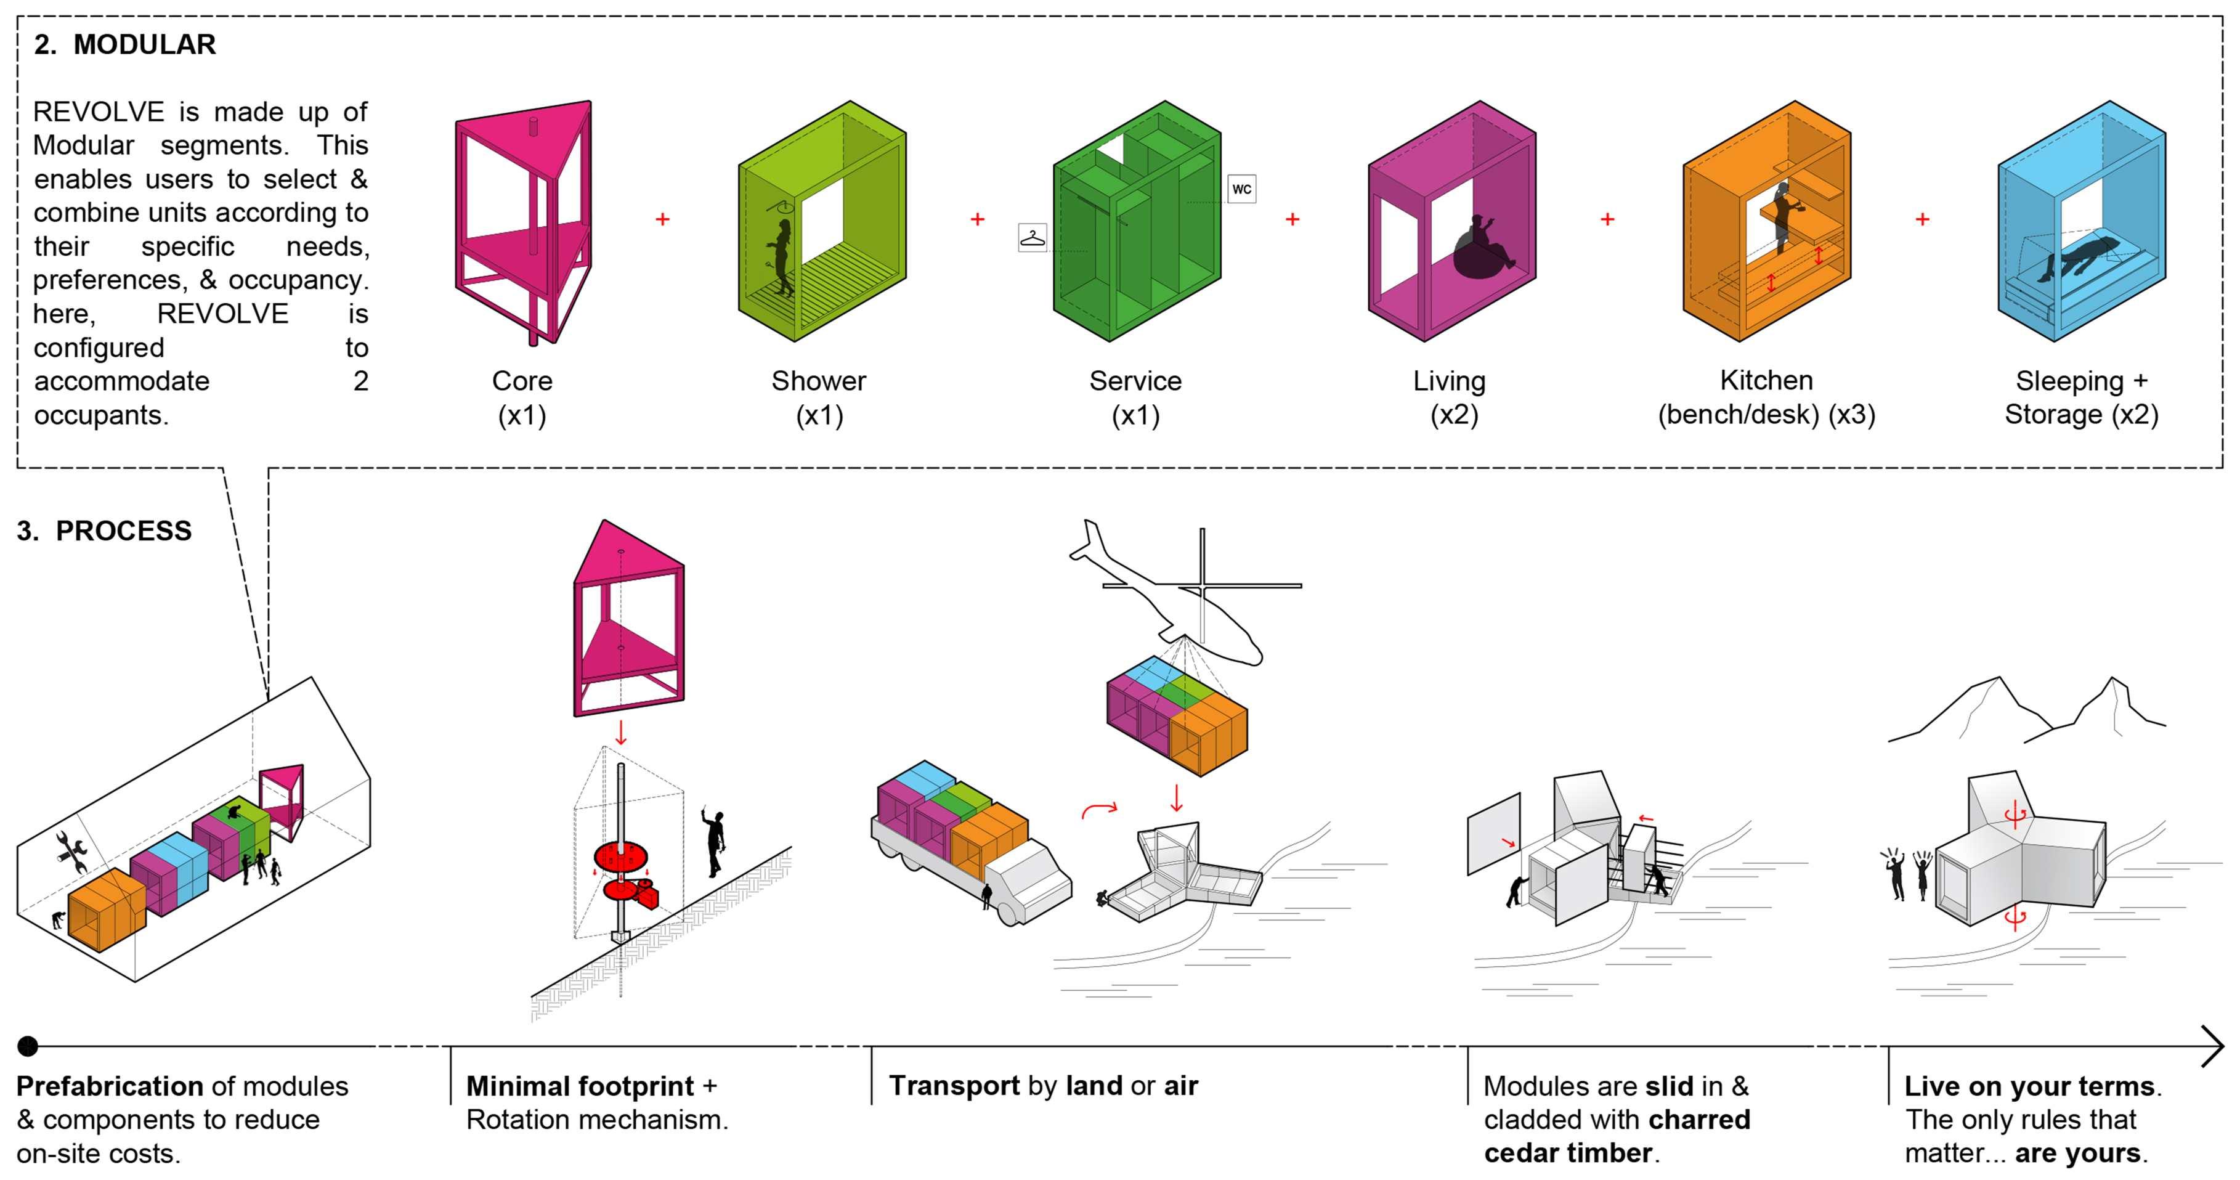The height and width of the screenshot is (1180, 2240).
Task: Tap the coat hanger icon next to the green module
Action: pos(1032,237)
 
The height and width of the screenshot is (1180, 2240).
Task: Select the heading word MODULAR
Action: pos(144,44)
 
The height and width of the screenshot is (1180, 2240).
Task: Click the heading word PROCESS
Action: pos(123,531)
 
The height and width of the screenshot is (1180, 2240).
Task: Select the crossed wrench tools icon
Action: pos(71,852)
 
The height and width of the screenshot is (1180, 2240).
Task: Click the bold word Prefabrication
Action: pos(108,1086)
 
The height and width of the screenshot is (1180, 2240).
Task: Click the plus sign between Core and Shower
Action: pos(663,219)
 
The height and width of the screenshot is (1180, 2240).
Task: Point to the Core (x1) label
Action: pos(522,397)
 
